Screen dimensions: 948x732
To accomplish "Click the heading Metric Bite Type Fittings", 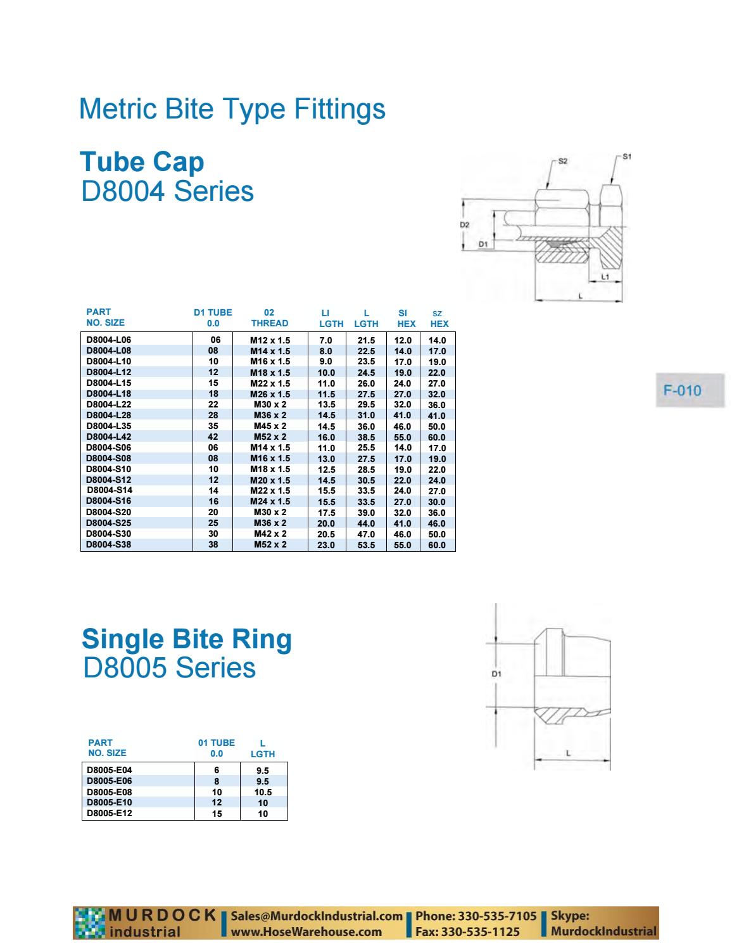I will coord(232,108).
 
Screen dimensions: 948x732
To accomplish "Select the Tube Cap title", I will coord(142,162).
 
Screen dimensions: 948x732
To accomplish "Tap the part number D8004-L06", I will coord(109,340).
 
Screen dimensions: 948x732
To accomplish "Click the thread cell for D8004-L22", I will coord(270,404).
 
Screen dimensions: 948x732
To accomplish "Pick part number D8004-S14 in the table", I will coord(110,490).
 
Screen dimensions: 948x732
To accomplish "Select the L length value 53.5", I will coord(366,545).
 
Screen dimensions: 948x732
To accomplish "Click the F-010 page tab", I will coord(682,390).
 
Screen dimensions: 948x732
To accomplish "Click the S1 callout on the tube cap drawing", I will coord(627,156).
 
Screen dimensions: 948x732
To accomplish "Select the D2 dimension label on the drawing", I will coord(464,225).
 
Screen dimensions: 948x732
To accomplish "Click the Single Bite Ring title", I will coord(187,638).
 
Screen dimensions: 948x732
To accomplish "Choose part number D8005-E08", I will coord(110,791).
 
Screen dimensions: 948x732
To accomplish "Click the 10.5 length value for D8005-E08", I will coord(263,792).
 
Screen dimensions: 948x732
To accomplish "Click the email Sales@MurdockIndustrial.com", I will coord(317,916).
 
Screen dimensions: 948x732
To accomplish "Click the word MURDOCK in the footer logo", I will coord(163,915).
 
